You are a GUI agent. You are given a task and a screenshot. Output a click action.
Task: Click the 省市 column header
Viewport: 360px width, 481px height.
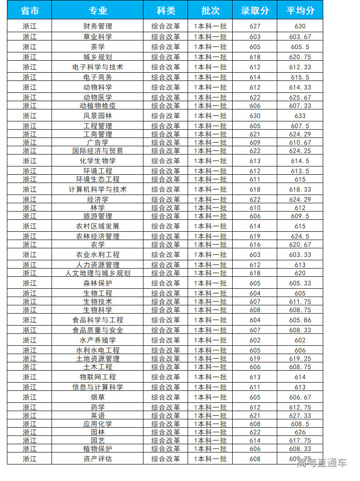pyautogui.click(x=29, y=10)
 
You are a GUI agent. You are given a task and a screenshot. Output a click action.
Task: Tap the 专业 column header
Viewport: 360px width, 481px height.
pyautogui.click(x=97, y=10)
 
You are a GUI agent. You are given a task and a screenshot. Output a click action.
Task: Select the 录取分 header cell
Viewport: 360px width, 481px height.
pyautogui.click(x=255, y=10)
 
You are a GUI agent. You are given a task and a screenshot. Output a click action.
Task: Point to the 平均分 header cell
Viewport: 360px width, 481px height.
pyautogui.click(x=300, y=10)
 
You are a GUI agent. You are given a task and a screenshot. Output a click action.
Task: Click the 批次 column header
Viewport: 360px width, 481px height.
pyautogui.click(x=210, y=10)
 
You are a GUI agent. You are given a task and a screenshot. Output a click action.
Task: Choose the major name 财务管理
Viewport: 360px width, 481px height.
pyautogui.click(x=97, y=26)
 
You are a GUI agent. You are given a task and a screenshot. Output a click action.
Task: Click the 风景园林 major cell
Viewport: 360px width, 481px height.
pyautogui.click(x=97, y=116)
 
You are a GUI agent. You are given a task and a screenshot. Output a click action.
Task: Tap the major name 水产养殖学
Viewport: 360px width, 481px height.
pyautogui.click(x=97, y=340)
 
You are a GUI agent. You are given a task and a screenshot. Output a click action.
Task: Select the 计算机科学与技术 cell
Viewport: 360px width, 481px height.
pyautogui.click(x=97, y=189)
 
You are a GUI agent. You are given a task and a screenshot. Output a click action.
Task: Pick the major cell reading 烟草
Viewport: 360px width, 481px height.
pyautogui.click(x=97, y=397)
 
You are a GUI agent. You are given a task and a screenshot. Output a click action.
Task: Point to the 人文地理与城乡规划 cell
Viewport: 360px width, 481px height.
pyautogui.click(x=97, y=273)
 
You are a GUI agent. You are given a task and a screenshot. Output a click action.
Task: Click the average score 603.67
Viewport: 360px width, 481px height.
pyautogui.click(x=300, y=37)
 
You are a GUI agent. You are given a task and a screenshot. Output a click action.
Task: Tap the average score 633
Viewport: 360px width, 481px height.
pyautogui.click(x=300, y=116)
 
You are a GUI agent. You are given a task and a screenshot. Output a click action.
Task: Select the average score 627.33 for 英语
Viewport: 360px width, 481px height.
pyautogui.click(x=300, y=416)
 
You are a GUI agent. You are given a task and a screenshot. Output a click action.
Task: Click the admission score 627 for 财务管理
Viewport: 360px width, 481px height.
pyautogui.click(x=255, y=26)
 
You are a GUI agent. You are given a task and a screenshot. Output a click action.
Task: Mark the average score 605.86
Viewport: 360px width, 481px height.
pyautogui.click(x=300, y=320)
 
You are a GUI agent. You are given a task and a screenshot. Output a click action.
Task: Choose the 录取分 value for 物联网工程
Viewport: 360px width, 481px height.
pyautogui.click(x=255, y=377)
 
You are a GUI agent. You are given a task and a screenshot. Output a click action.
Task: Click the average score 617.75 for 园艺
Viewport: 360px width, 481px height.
pyautogui.click(x=300, y=441)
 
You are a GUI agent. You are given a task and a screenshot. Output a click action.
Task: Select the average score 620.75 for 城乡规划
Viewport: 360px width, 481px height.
pyautogui.click(x=300, y=57)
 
